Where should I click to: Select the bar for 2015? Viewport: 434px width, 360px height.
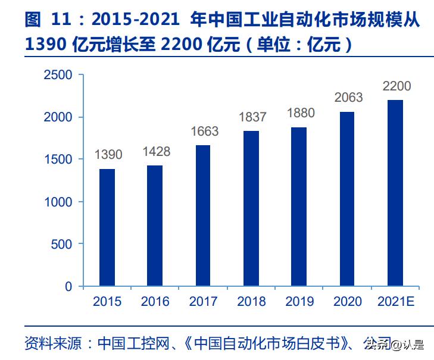pyautogui.click(x=107, y=228)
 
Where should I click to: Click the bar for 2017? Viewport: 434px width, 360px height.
pyautogui.click(x=203, y=216)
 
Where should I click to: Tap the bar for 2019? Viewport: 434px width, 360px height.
pyautogui.click(x=299, y=207)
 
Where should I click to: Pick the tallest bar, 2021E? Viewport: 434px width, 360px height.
pyautogui.click(x=395, y=193)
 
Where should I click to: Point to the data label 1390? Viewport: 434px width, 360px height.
pyautogui.click(x=108, y=155)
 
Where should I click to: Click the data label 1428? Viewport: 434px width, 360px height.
pyautogui.click(x=156, y=152)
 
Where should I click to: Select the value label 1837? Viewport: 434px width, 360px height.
pyautogui.click(x=252, y=117)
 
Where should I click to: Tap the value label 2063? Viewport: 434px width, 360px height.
pyautogui.click(x=348, y=98)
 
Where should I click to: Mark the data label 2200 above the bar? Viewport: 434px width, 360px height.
pyautogui.click(x=396, y=86)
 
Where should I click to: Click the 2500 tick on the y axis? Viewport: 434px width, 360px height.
pyautogui.click(x=58, y=76)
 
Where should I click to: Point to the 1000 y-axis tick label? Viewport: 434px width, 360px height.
pyautogui.click(x=58, y=202)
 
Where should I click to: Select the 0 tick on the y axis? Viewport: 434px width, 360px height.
pyautogui.click(x=68, y=287)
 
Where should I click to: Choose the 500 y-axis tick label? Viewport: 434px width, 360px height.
pyautogui.click(x=61, y=245)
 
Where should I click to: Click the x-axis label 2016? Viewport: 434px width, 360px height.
pyautogui.click(x=155, y=302)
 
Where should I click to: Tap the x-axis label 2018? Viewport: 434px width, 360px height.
pyautogui.click(x=251, y=302)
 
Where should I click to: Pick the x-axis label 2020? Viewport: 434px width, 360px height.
pyautogui.click(x=347, y=302)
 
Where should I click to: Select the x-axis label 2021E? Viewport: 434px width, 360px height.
pyautogui.click(x=395, y=302)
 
